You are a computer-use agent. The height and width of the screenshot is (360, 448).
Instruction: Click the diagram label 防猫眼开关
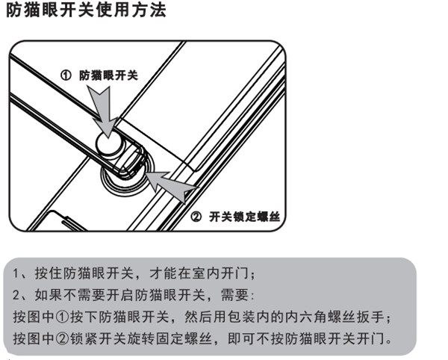109,75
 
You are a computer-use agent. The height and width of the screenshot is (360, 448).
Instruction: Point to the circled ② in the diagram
196,217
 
